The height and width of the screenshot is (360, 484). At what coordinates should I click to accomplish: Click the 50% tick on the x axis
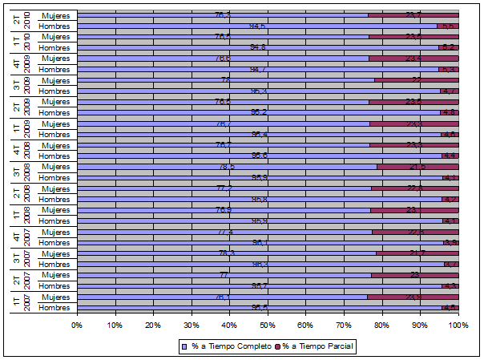pyautogui.click(x=267, y=325)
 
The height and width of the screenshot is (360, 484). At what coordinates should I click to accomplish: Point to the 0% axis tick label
pyautogui.click(x=77, y=325)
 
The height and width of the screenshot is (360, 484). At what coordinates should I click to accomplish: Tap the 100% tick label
pyautogui.click(x=458, y=325)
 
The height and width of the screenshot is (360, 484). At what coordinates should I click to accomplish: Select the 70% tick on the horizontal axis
pyautogui.click(x=344, y=325)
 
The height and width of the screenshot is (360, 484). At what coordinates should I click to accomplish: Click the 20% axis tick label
pyautogui.click(x=153, y=325)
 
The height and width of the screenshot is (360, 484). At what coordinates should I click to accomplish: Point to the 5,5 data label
pyautogui.click(x=448, y=26)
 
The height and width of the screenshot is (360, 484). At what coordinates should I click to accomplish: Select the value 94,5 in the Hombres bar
pyautogui.click(x=258, y=26)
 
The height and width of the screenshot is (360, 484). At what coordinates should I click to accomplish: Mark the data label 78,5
pyautogui.click(x=227, y=167)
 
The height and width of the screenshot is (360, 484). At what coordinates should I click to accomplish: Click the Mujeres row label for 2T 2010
pyautogui.click(x=55, y=15)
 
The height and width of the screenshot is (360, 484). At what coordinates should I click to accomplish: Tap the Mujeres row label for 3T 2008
pyautogui.click(x=55, y=167)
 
